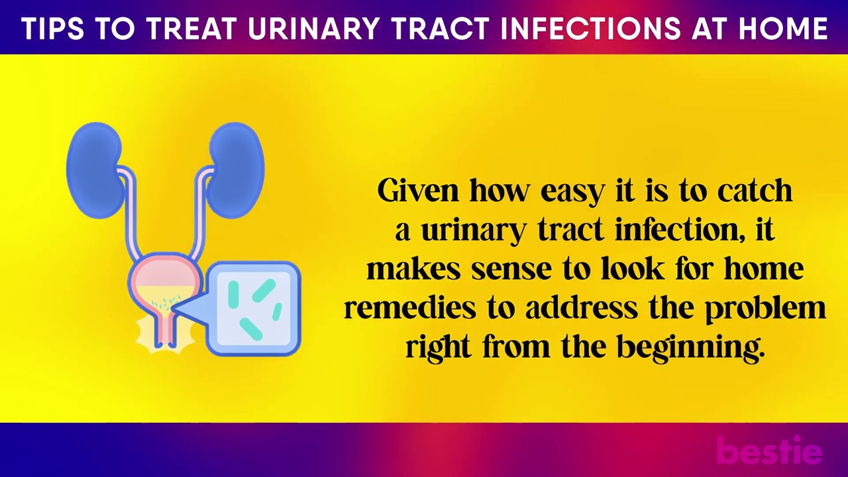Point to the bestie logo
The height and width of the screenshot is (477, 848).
[x=769, y=451]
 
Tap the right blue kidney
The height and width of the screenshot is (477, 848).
[x=237, y=169]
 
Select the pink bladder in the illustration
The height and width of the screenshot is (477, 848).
[x=163, y=278]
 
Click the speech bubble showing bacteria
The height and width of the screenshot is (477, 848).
[x=254, y=307]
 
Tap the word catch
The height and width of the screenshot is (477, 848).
[x=755, y=191]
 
